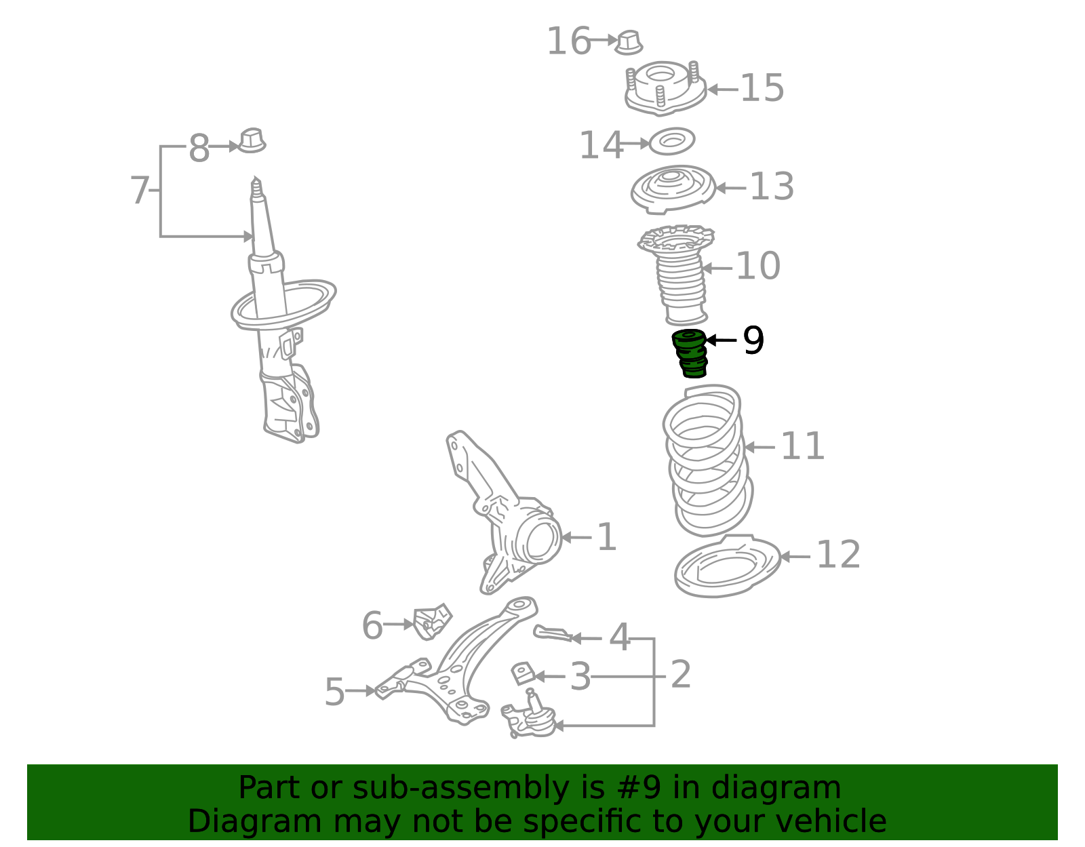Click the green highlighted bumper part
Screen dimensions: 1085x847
point(690,353)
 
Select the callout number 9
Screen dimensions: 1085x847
point(753,340)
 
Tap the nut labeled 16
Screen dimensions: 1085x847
point(629,43)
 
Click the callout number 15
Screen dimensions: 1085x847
point(762,88)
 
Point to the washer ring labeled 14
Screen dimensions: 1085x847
point(671,141)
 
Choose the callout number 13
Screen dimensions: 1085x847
point(772,186)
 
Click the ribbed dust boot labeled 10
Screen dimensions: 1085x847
point(677,275)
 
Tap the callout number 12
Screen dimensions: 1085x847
point(838,555)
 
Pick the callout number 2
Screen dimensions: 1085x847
point(681,674)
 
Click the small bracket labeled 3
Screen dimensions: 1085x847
point(523,673)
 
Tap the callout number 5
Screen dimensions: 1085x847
point(334,692)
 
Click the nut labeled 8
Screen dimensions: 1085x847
point(252,141)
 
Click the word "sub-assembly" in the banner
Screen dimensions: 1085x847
point(461,787)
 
